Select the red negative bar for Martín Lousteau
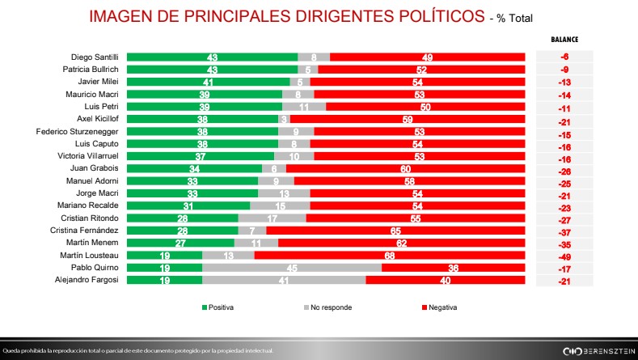390,254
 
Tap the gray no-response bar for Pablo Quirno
291,266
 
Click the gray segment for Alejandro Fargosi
284,279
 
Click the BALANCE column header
564,39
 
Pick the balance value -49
564,254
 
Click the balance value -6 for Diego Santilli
564,57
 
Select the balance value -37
564,230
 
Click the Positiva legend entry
218,308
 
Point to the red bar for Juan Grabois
406,168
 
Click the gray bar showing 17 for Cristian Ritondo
272,218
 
